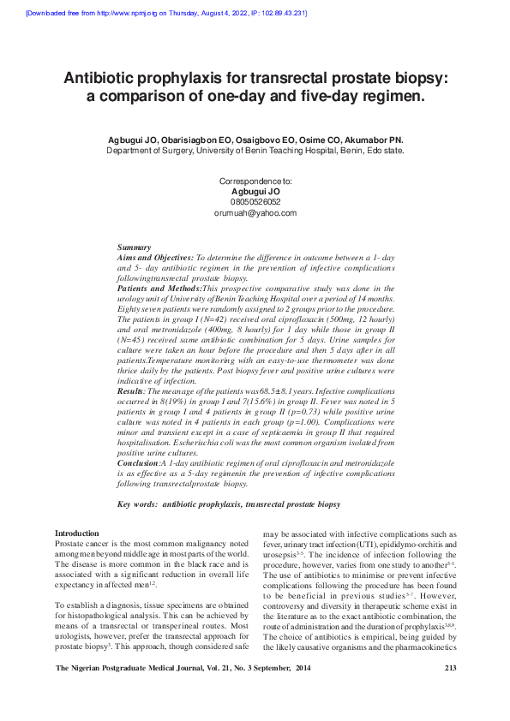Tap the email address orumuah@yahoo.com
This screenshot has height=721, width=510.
point(255,213)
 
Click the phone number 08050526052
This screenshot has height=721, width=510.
point(255,202)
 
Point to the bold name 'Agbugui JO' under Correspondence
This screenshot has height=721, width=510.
point(255,192)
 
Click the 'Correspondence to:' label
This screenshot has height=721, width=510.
point(255,182)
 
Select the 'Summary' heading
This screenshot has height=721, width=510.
point(134,247)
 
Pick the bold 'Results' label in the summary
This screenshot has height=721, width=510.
point(129,390)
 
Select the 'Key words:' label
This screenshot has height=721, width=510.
point(136,504)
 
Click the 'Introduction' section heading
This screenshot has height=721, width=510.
point(77,533)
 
